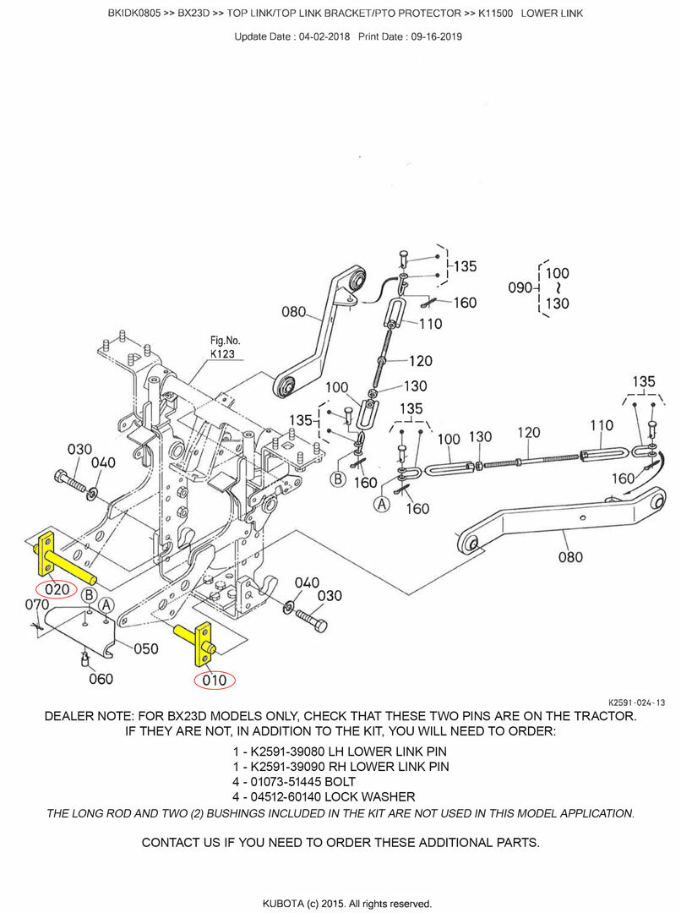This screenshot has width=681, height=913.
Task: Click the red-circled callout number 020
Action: [57, 589]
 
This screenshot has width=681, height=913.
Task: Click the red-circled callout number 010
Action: [215, 679]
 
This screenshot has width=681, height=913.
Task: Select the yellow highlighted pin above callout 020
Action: [63, 560]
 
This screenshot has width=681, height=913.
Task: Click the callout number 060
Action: [100, 679]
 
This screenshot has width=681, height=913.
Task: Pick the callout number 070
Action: [37, 605]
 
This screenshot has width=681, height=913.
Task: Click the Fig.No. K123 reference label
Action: [225, 347]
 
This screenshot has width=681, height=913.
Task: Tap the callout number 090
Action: [519, 287]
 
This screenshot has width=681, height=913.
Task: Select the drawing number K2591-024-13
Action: [636, 703]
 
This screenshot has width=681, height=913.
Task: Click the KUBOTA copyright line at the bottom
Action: [340, 903]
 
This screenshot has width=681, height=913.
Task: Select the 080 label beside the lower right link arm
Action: [571, 557]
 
